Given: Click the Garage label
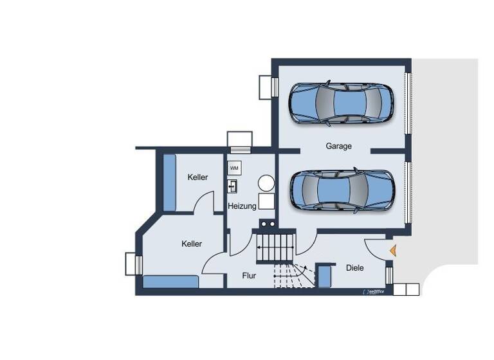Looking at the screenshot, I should (338, 146).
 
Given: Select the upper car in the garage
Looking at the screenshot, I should (340, 103).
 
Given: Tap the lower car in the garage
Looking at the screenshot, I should (340, 190).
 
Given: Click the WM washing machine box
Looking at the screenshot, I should (234, 168).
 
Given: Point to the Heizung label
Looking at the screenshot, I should (242, 206).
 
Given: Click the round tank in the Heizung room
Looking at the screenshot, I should (266, 183).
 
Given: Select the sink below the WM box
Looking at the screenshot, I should (233, 186).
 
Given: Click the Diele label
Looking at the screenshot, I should (354, 267).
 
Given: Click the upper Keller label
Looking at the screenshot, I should (197, 177).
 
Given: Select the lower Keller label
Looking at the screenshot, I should (192, 244).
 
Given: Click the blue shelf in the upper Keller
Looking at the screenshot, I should (169, 183).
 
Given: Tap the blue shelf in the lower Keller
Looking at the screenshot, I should (170, 282).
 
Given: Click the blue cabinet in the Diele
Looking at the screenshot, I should (324, 276).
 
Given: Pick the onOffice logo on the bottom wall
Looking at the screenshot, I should (374, 292).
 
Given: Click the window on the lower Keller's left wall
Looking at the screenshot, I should (133, 264).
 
